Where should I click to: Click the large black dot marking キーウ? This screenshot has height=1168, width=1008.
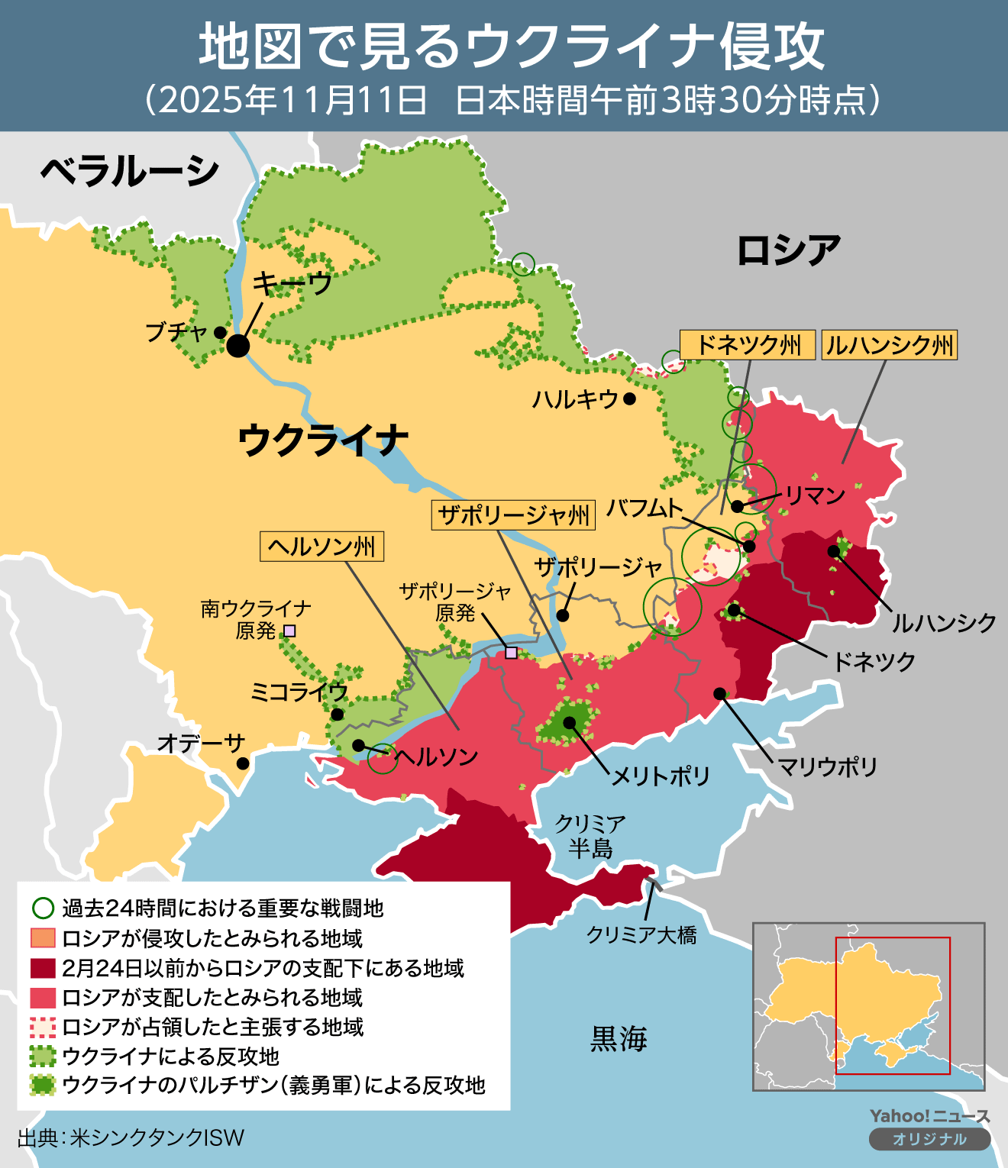coord(238,346)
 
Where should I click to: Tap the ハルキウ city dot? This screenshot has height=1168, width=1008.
coord(629,398)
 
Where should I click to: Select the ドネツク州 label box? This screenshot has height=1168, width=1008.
coord(748,345)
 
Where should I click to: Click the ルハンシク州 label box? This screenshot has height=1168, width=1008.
coord(890,345)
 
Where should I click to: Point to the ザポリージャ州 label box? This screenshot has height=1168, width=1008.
coord(514,515)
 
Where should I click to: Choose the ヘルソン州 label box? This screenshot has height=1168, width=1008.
coord(321,547)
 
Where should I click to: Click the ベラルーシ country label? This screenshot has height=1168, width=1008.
coord(130,171)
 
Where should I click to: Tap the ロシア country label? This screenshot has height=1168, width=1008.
coord(788,250)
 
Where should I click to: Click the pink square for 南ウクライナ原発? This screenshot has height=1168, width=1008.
coord(289,631)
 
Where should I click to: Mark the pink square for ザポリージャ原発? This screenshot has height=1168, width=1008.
coord(511,653)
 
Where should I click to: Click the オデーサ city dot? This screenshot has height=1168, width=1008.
coord(243,763)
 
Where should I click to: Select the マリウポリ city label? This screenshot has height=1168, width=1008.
coord(827,766)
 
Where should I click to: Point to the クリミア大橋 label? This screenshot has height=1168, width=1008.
coord(641,934)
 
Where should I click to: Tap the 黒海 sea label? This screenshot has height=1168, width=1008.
coord(619,1039)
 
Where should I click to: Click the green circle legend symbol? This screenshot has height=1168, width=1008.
coord(43,908)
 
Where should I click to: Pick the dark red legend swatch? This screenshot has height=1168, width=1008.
coord(43,968)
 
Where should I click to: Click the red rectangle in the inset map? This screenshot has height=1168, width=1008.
coord(893,1005)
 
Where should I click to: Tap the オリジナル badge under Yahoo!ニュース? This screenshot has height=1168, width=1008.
coord(929,1139)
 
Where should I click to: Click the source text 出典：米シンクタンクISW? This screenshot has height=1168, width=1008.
coord(131,1137)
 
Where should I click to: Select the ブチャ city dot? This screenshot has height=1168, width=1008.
coord(220,333)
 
